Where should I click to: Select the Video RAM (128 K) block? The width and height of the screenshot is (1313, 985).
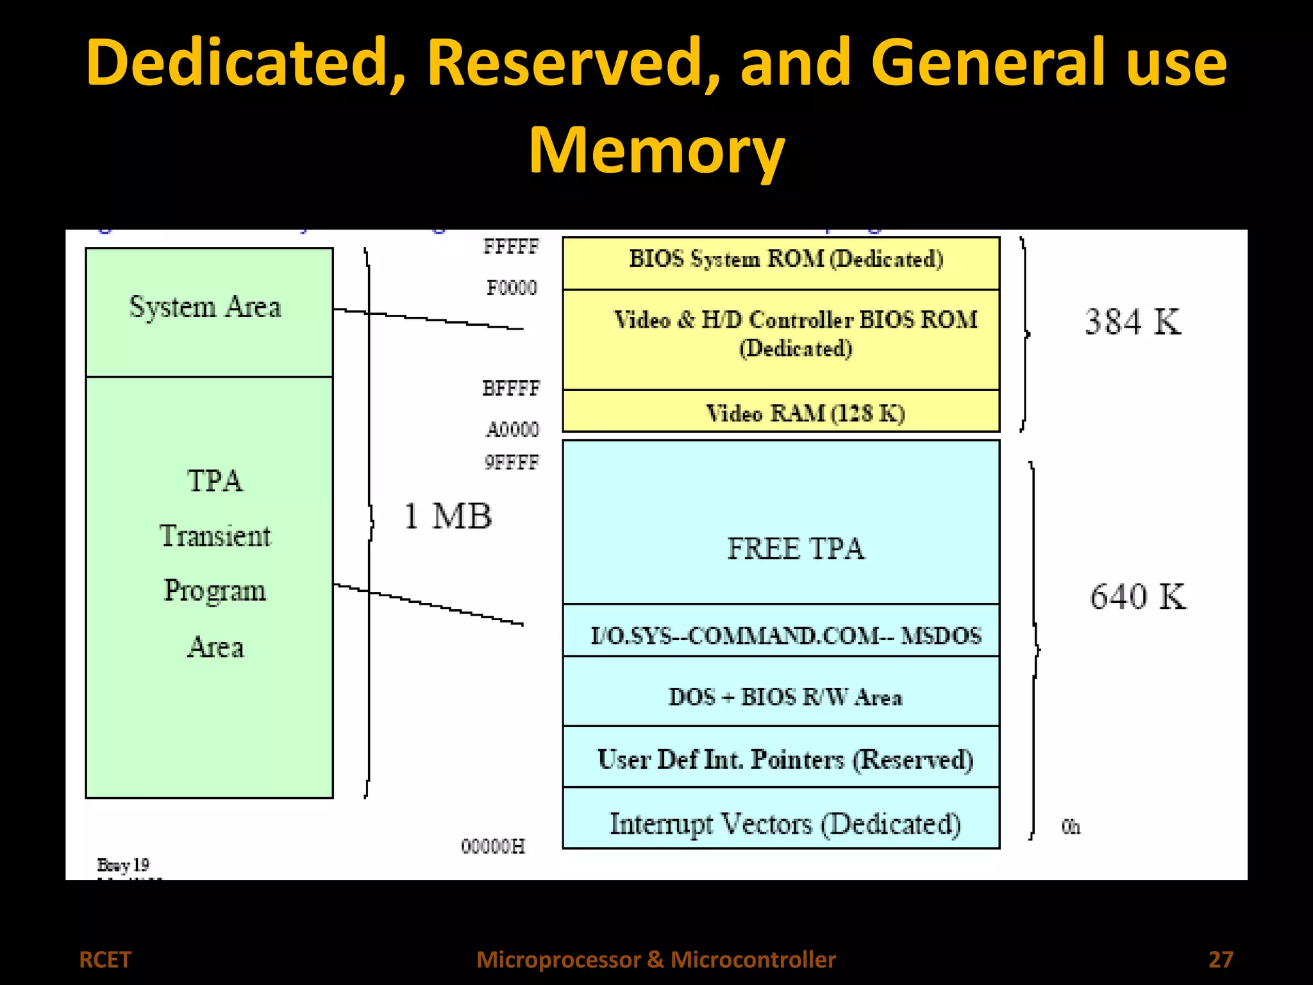781,412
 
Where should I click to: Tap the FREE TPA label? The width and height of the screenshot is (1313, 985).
796,549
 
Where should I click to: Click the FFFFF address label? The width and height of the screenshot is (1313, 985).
511,246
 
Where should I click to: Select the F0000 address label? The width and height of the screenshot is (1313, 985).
511,287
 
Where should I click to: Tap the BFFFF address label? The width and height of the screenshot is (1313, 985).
511,388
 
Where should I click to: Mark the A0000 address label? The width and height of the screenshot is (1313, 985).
512,429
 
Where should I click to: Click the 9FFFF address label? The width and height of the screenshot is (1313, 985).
511,462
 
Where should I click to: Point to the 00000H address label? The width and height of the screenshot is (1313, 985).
492,846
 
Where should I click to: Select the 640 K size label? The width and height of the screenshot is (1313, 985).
1137,596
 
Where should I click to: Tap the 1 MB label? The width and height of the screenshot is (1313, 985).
447,516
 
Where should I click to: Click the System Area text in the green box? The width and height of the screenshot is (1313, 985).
205,307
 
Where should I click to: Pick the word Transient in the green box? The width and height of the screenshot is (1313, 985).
215,535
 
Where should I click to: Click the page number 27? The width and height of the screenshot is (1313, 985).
1221,959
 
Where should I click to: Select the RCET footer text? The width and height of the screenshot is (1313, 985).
105,959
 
